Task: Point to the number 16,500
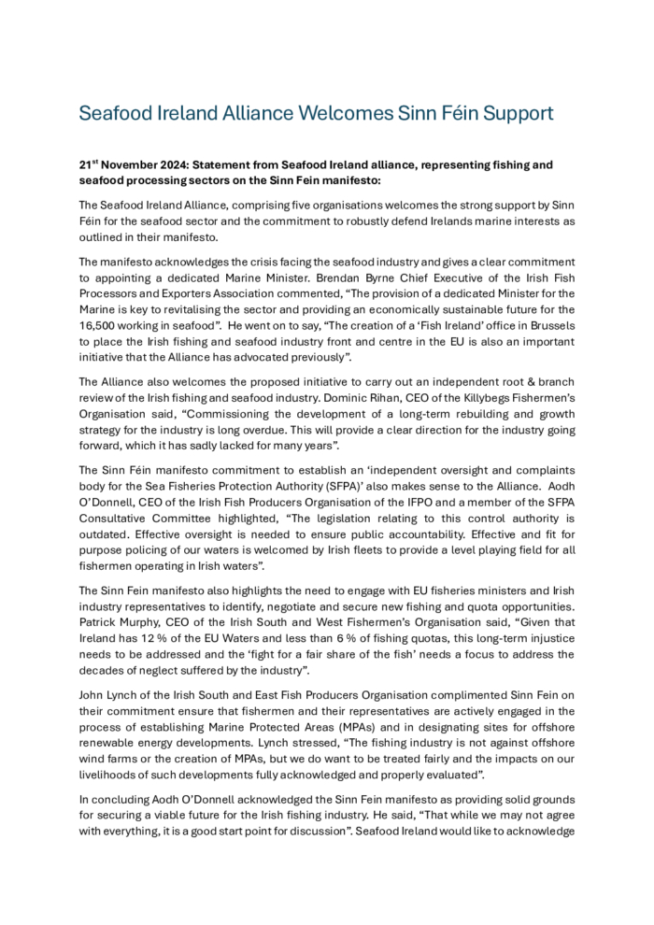(x=100, y=323)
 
